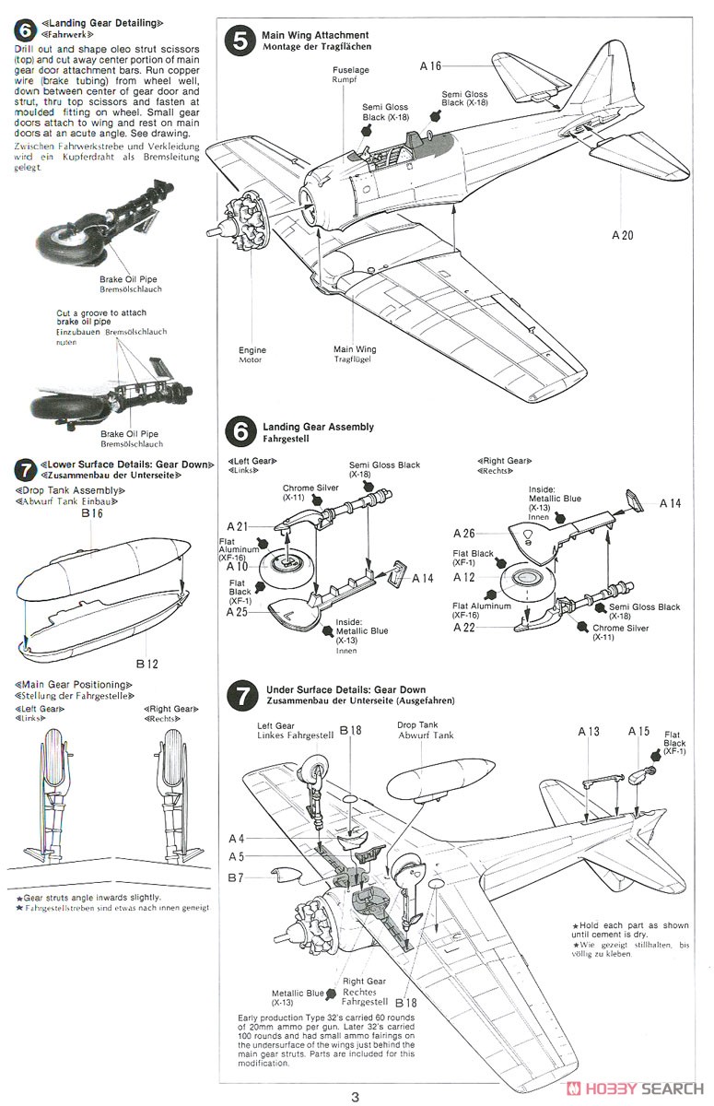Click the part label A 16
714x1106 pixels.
[x=431, y=65]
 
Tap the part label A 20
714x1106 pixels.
[x=623, y=235]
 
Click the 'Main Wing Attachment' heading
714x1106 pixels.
[x=315, y=35]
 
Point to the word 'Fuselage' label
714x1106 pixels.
[x=350, y=69]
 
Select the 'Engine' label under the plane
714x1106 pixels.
[x=252, y=350]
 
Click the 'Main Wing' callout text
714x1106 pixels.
[x=355, y=350]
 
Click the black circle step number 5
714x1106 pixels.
[x=241, y=41]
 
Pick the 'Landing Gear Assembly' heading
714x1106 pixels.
[x=318, y=427]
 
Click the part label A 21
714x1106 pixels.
[x=240, y=525]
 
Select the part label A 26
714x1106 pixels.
[x=464, y=533]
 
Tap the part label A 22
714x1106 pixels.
[x=464, y=627]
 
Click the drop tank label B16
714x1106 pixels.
[x=91, y=514]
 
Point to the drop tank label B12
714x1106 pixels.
[x=146, y=663]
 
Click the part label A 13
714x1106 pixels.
[x=589, y=731]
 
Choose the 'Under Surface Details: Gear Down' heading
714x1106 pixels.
[x=345, y=689]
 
